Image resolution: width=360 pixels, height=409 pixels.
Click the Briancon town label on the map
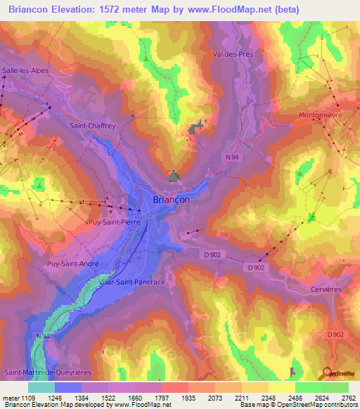point(171,200)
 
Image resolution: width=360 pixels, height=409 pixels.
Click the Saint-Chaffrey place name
point(93,126)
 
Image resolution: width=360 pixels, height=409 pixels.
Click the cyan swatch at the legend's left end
point(41,387)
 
